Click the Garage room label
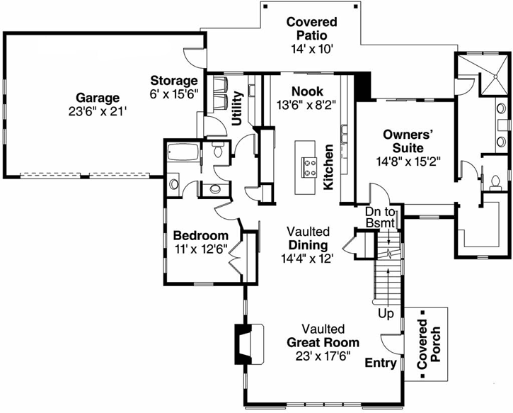tap(98, 98)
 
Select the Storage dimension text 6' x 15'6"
tap(173, 94)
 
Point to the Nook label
tap(306, 91)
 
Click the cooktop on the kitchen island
tap(309, 167)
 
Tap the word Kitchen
tap(329, 167)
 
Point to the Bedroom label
tap(201, 236)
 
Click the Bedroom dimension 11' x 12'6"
tap(201, 249)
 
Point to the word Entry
tap(381, 363)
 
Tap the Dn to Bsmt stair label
tap(382, 217)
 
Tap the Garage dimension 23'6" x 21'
tap(98, 111)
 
